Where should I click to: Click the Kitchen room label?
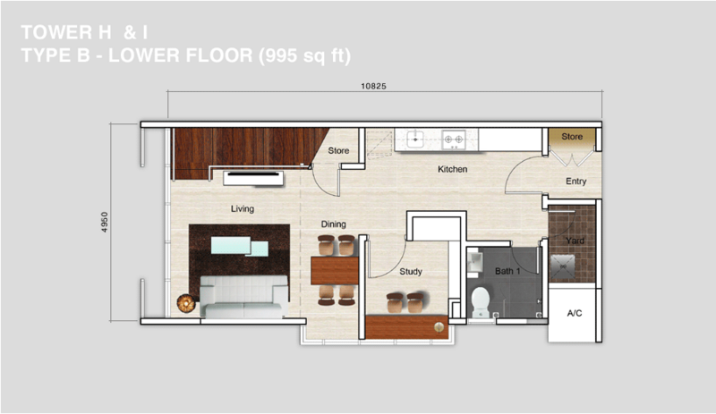pos(453,169)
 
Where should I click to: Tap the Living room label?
pos(242,209)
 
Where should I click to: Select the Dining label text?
pos(333,224)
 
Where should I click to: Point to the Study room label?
pos(411,272)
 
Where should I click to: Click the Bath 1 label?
pos(507,271)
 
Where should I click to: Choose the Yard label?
pos(575,241)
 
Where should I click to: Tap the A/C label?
pos(575,313)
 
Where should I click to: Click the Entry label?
pos(575,182)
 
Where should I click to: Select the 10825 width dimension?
pos(373,86)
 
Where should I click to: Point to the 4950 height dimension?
pos(105,223)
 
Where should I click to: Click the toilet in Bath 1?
pos(481,301)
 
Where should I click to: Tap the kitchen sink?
pos(415,139)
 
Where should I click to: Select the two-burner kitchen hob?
pos(454,139)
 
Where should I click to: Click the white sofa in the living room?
pos(243,297)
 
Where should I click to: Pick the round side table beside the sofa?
pos(186,303)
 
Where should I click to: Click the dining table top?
pos(335,271)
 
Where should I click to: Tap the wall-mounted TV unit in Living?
pos(253,178)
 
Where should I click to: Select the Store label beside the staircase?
pos(338,150)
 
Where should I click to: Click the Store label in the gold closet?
pos(572,137)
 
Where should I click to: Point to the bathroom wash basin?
pos(474,264)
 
